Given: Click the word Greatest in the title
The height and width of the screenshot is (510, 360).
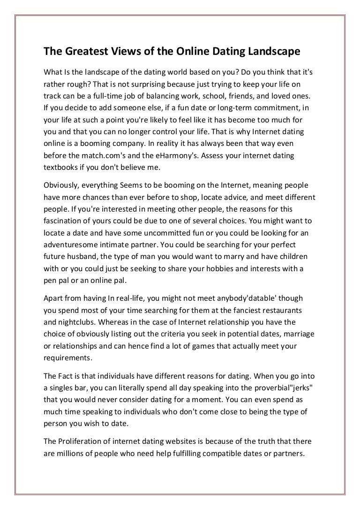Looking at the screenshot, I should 82,50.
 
